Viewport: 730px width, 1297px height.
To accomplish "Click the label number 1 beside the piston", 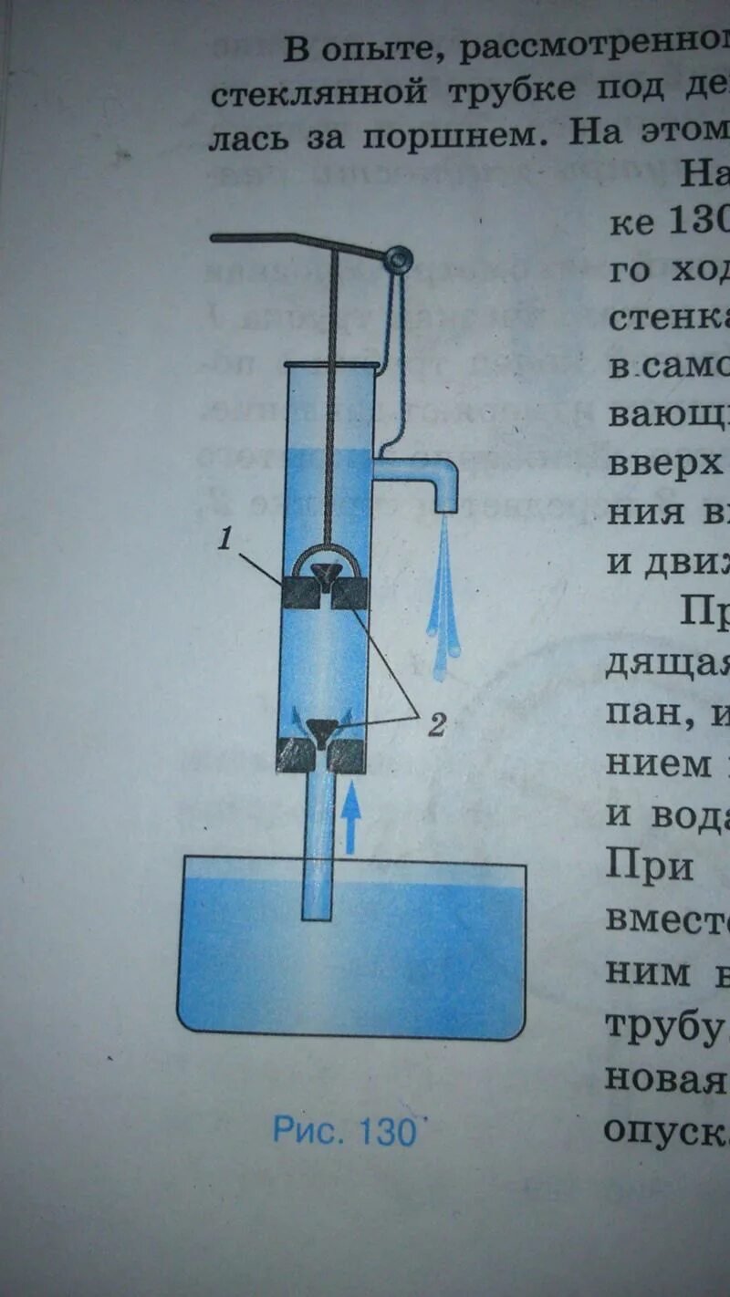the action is [224, 540].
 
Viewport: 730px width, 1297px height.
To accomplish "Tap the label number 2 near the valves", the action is [437, 725].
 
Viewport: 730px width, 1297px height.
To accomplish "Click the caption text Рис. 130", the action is [345, 1131].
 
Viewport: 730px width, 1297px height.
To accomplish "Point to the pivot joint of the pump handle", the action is [397, 260].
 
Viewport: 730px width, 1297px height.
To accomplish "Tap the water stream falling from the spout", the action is [444, 602].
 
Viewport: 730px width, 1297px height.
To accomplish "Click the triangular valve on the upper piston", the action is [325, 574].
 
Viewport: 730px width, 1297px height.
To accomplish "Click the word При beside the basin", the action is [650, 866].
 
